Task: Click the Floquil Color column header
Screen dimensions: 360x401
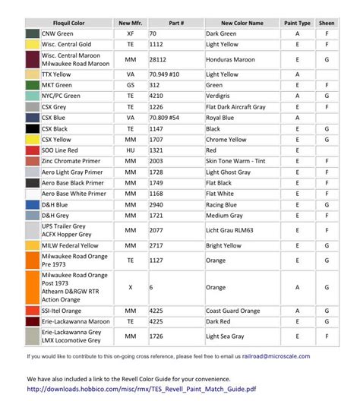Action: [68, 24]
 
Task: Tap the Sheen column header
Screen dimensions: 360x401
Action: [326, 24]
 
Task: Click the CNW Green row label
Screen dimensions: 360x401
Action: [58, 34]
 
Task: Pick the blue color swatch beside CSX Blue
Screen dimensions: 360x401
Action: [32, 118]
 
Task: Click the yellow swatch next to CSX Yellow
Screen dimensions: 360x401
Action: [32, 140]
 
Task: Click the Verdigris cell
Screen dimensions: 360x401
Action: [220, 96]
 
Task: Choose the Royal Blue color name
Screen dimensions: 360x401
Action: [222, 118]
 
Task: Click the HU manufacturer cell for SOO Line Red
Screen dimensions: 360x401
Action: [131, 150]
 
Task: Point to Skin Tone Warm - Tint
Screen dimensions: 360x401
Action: [238, 162]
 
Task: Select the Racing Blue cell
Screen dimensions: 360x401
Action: [224, 205]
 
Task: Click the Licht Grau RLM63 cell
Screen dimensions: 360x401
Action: [232, 230]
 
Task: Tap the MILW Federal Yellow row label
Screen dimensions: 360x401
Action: [70, 246]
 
